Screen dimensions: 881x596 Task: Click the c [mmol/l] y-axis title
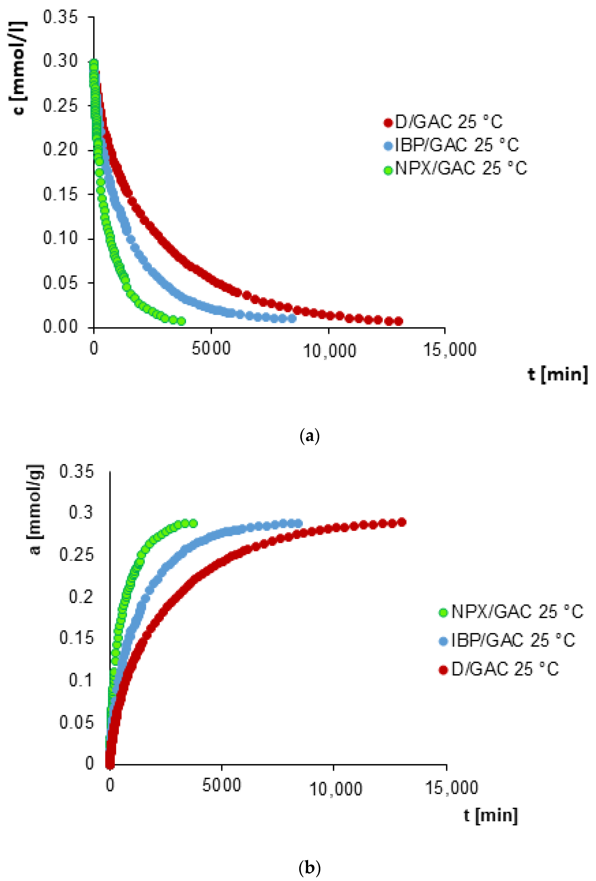coord(17,68)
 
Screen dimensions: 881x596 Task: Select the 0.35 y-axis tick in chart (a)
coord(60,17)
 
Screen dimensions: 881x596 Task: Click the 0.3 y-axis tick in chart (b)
coord(80,512)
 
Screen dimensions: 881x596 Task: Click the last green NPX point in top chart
coord(181,321)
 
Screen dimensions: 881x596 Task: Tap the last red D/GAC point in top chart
coord(398,321)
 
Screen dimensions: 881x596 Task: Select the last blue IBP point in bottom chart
coord(299,524)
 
